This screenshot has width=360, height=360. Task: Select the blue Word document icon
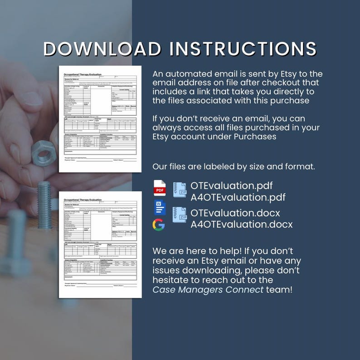tap(160, 207)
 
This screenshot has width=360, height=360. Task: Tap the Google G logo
tap(159, 224)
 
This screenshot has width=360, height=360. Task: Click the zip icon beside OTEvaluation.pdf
tap(180, 191)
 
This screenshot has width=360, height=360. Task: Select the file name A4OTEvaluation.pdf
tap(238, 197)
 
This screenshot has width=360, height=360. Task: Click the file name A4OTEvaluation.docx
tap(241, 224)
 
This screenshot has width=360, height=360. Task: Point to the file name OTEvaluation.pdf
tap(232, 185)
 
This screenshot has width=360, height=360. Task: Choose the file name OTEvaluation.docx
tap(235, 213)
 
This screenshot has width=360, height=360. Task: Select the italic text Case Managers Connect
tap(208, 290)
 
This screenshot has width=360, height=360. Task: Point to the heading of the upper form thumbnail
tap(83, 73)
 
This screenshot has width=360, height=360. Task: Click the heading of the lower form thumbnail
tap(83, 200)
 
